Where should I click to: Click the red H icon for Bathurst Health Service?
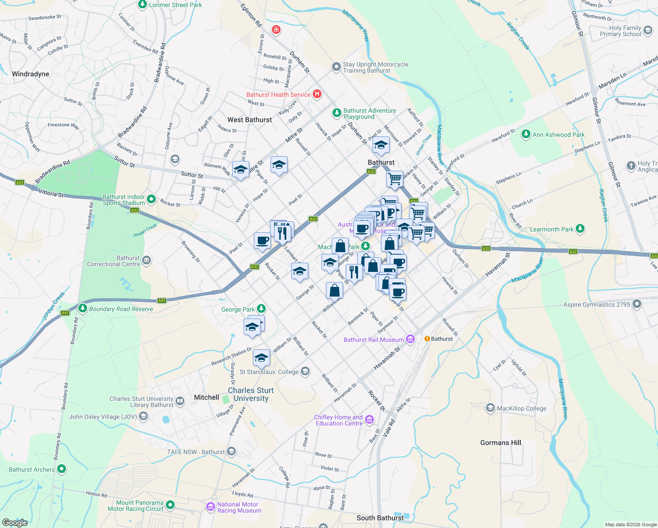pyautogui.click(x=317, y=94)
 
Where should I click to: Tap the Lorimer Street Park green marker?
pyautogui.click(x=143, y=5)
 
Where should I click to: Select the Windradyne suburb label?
pyautogui.click(x=30, y=74)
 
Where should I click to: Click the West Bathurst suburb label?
pyautogui.click(x=249, y=120)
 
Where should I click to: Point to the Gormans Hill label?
pyautogui.click(x=501, y=443)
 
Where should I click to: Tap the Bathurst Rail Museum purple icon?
pyautogui.click(x=410, y=339)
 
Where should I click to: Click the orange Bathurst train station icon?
pyautogui.click(x=427, y=339)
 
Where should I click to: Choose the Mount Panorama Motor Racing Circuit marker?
pyautogui.click(x=170, y=505)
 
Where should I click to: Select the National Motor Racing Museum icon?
pyautogui.click(x=211, y=507)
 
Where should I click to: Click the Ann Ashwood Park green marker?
pyautogui.click(x=526, y=134)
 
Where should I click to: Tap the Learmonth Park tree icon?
pyautogui.click(x=580, y=229)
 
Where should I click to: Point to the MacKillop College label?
pyautogui.click(x=521, y=408)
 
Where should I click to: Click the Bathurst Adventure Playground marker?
pyautogui.click(x=336, y=113)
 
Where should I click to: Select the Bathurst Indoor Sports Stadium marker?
pyautogui.click(x=151, y=199)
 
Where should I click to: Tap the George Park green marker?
pyautogui.click(x=261, y=309)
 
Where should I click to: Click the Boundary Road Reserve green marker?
pyautogui.click(x=82, y=308)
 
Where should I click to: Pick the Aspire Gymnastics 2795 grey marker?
pyautogui.click(x=637, y=304)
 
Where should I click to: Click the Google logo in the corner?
pyautogui.click(x=15, y=522)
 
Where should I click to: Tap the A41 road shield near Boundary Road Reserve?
pyautogui.click(x=162, y=301)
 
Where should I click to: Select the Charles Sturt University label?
pyautogui.click(x=251, y=394)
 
